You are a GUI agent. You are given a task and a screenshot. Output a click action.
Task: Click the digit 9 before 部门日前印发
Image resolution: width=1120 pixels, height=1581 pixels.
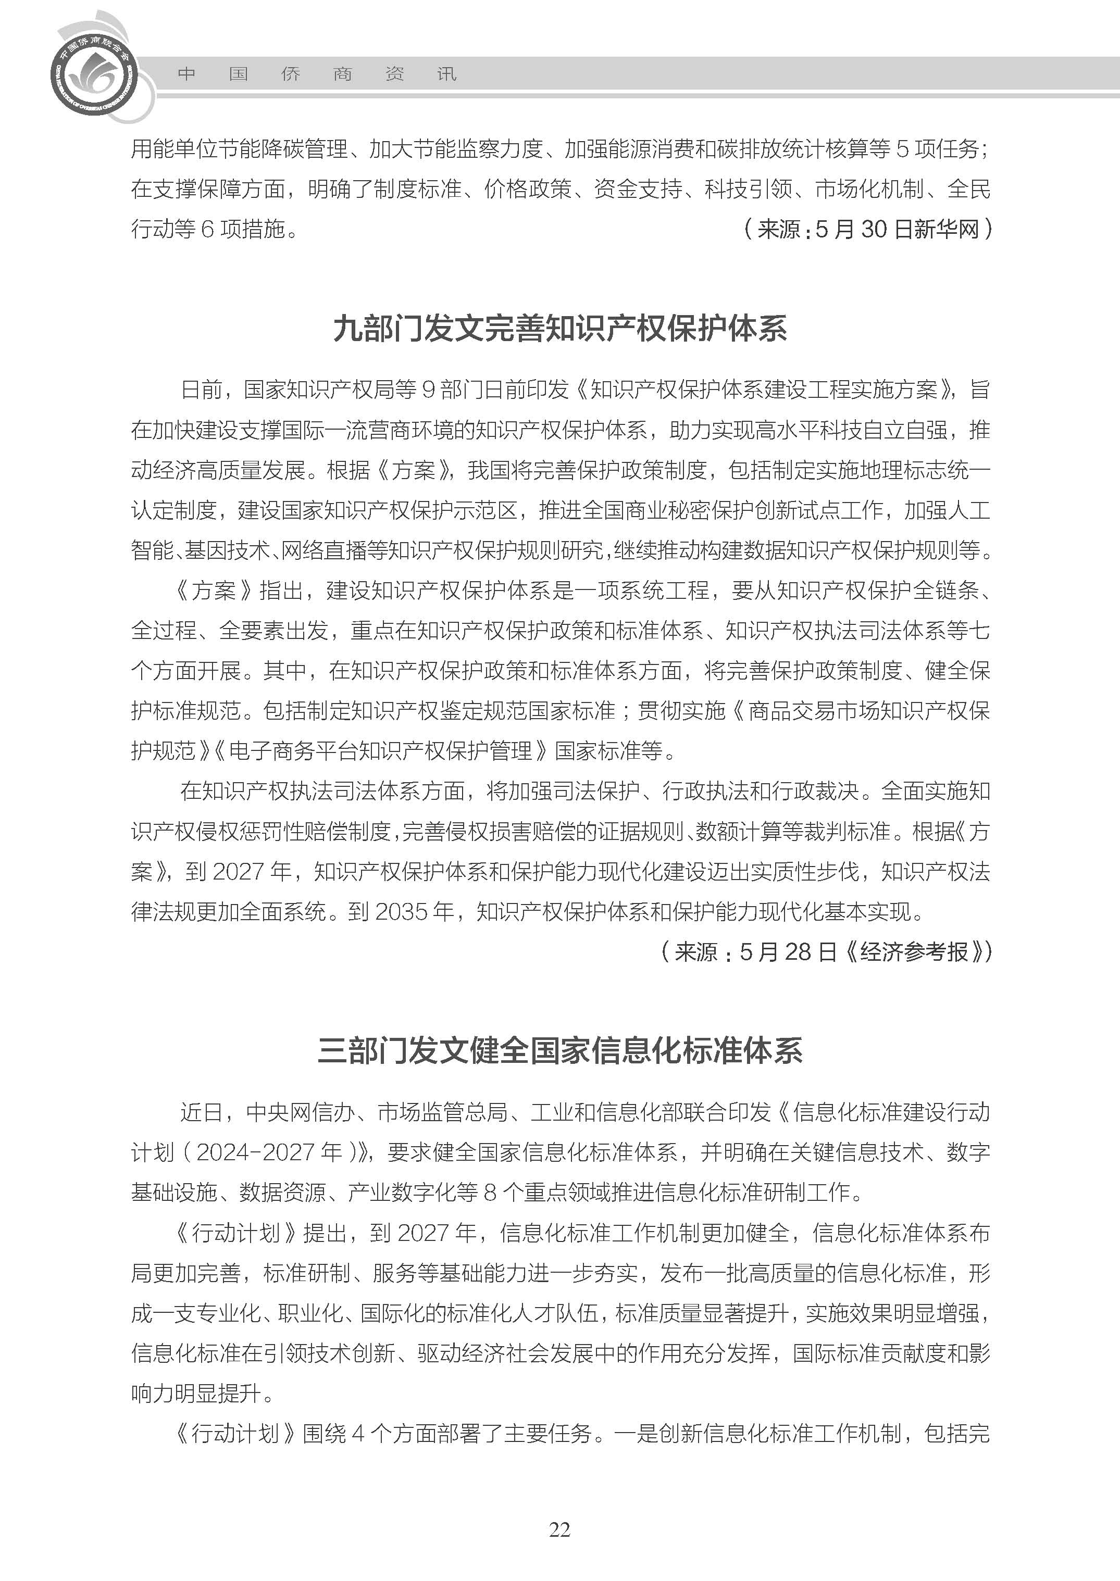[x=428, y=390]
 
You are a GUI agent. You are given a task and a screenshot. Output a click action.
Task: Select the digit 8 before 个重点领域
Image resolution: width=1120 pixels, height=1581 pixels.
[x=490, y=1192]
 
